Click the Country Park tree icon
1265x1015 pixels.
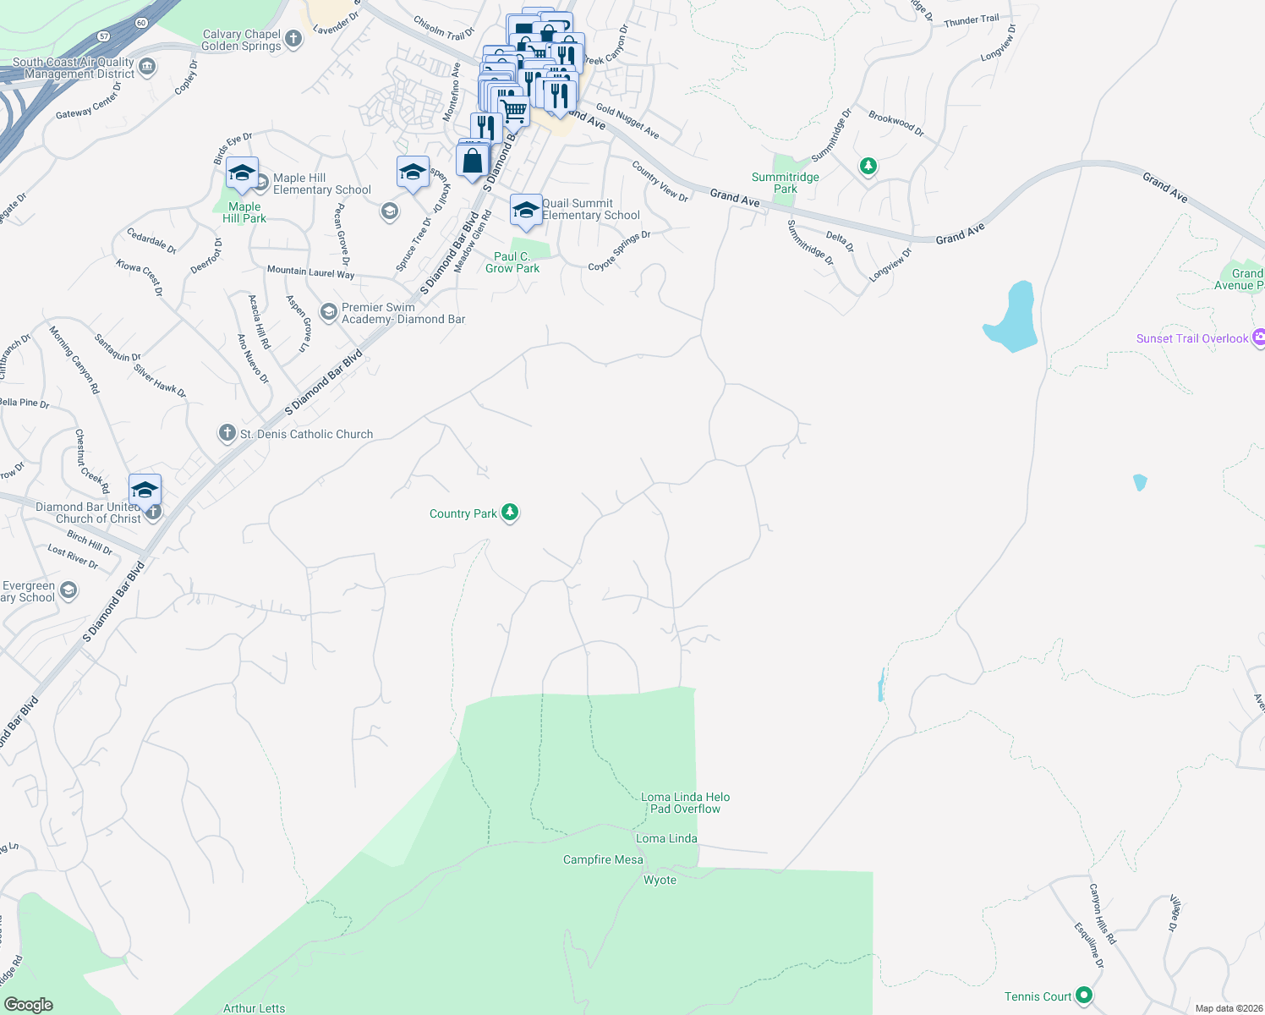pyautogui.click(x=509, y=513)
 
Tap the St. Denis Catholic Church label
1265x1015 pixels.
pyautogui.click(x=306, y=434)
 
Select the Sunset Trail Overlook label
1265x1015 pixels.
pyautogui.click(x=1191, y=338)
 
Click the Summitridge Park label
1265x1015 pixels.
pyautogui.click(x=785, y=183)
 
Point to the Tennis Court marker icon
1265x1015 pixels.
pyautogui.click(x=1084, y=996)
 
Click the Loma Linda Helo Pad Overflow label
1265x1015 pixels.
pyautogui.click(x=685, y=803)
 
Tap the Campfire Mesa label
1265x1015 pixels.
pyautogui.click(x=603, y=859)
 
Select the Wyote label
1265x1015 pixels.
pyautogui.click(x=660, y=880)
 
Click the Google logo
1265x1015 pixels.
pyautogui.click(x=29, y=1005)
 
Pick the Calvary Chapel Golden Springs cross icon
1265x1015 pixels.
pyautogui.click(x=293, y=39)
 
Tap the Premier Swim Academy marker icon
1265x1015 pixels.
pyautogui.click(x=329, y=313)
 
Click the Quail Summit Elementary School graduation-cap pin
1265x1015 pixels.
pyautogui.click(x=526, y=210)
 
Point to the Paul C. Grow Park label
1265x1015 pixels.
pyautogui.click(x=512, y=262)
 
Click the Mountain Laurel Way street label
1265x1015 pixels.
pyautogui.click(x=310, y=272)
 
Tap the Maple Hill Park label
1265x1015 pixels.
pyautogui.click(x=244, y=212)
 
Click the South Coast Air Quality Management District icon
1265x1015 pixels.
pyautogui.click(x=147, y=67)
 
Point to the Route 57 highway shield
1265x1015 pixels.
pyautogui.click(x=103, y=36)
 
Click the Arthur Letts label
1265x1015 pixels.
pyautogui.click(x=254, y=1008)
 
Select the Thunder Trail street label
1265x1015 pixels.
pyautogui.click(x=971, y=20)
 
